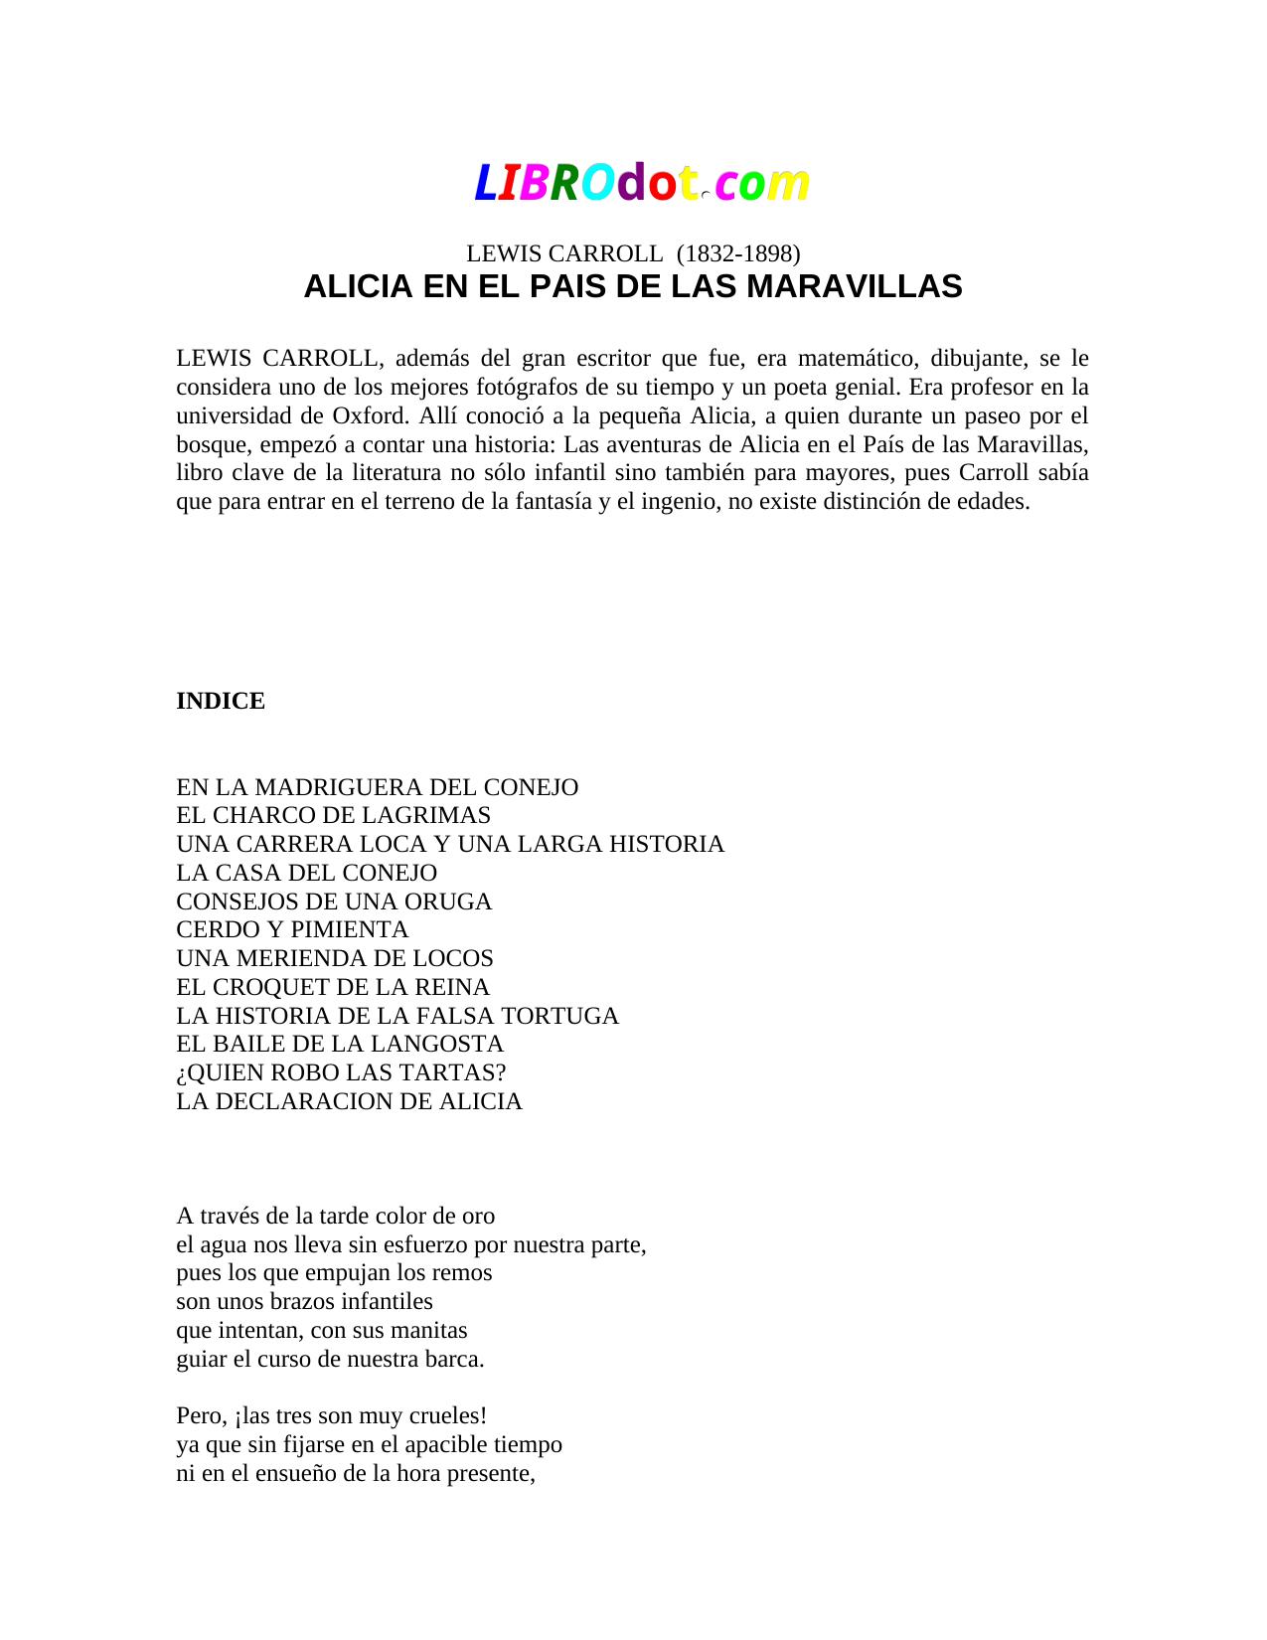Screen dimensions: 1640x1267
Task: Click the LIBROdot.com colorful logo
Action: coord(641,184)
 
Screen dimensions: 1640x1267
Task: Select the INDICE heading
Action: coord(221,702)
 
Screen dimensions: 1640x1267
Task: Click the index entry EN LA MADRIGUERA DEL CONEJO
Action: coord(377,788)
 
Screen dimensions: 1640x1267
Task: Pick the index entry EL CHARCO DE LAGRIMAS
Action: coord(333,816)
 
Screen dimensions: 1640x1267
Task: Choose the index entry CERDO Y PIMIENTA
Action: coord(292,930)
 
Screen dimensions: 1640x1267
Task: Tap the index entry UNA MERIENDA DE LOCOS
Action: coord(335,959)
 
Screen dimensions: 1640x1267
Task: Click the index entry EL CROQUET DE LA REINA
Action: coord(333,988)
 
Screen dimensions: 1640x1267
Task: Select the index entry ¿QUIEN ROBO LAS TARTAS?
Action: coord(341,1073)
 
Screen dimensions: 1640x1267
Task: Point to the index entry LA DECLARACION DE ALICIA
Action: coord(349,1102)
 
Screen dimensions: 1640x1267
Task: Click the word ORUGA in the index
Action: coord(456,902)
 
